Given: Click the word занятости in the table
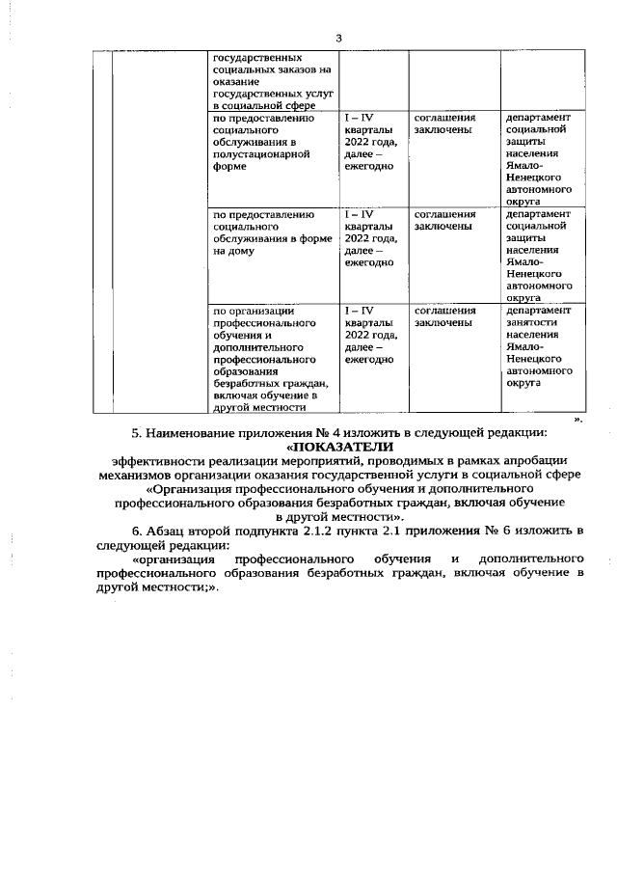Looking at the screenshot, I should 533,323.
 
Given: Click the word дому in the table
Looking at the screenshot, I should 242,251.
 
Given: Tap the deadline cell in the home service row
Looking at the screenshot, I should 369,238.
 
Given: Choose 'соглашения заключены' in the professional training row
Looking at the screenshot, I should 445,317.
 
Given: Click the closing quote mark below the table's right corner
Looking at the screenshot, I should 578,419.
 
